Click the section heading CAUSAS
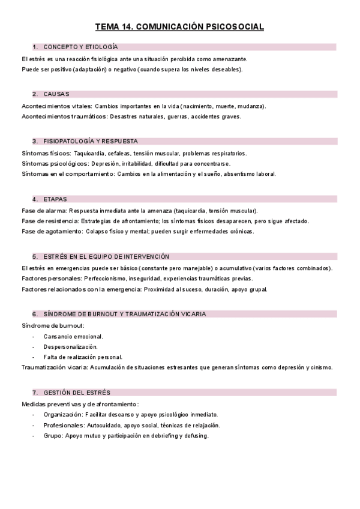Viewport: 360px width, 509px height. pos(56,94)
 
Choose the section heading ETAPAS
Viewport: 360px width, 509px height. pos(55,199)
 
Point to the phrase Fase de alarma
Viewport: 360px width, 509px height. pos(43,211)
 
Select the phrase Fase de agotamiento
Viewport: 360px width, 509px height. pos(51,231)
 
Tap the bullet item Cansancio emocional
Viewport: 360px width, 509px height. pos(73,336)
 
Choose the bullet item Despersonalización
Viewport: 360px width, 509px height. pos(70,346)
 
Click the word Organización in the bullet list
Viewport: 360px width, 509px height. pos(62,415)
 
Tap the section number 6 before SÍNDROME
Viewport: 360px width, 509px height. pos(35,314)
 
